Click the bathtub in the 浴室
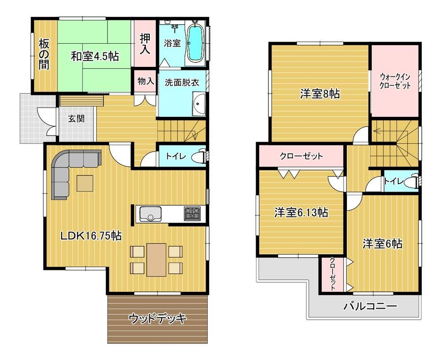[x=195, y=43]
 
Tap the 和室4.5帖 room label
[x=95, y=57]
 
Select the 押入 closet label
[x=145, y=44]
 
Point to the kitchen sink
[x=150, y=214]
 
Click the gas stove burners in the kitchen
[x=192, y=213]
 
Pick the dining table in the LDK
[x=156, y=260]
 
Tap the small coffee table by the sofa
[x=85, y=183]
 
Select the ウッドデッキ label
[x=158, y=319]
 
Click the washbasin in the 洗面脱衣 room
[x=199, y=105]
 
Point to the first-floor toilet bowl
[x=199, y=156]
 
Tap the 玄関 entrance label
[x=76, y=119]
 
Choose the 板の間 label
[x=44, y=54]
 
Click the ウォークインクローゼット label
[x=395, y=81]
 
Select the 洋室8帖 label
[x=320, y=94]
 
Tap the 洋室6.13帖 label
[x=301, y=213]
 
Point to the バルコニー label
[x=370, y=306]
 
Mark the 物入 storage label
[x=146, y=81]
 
